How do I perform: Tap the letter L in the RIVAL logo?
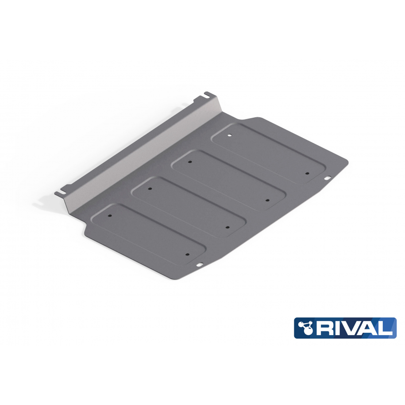point(385,328)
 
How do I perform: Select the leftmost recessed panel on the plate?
point(149,233)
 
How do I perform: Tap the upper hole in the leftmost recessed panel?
point(110,216)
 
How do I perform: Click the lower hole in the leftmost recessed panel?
point(187,255)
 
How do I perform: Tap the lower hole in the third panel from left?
point(267,200)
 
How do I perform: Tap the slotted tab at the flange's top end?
point(208,94)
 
